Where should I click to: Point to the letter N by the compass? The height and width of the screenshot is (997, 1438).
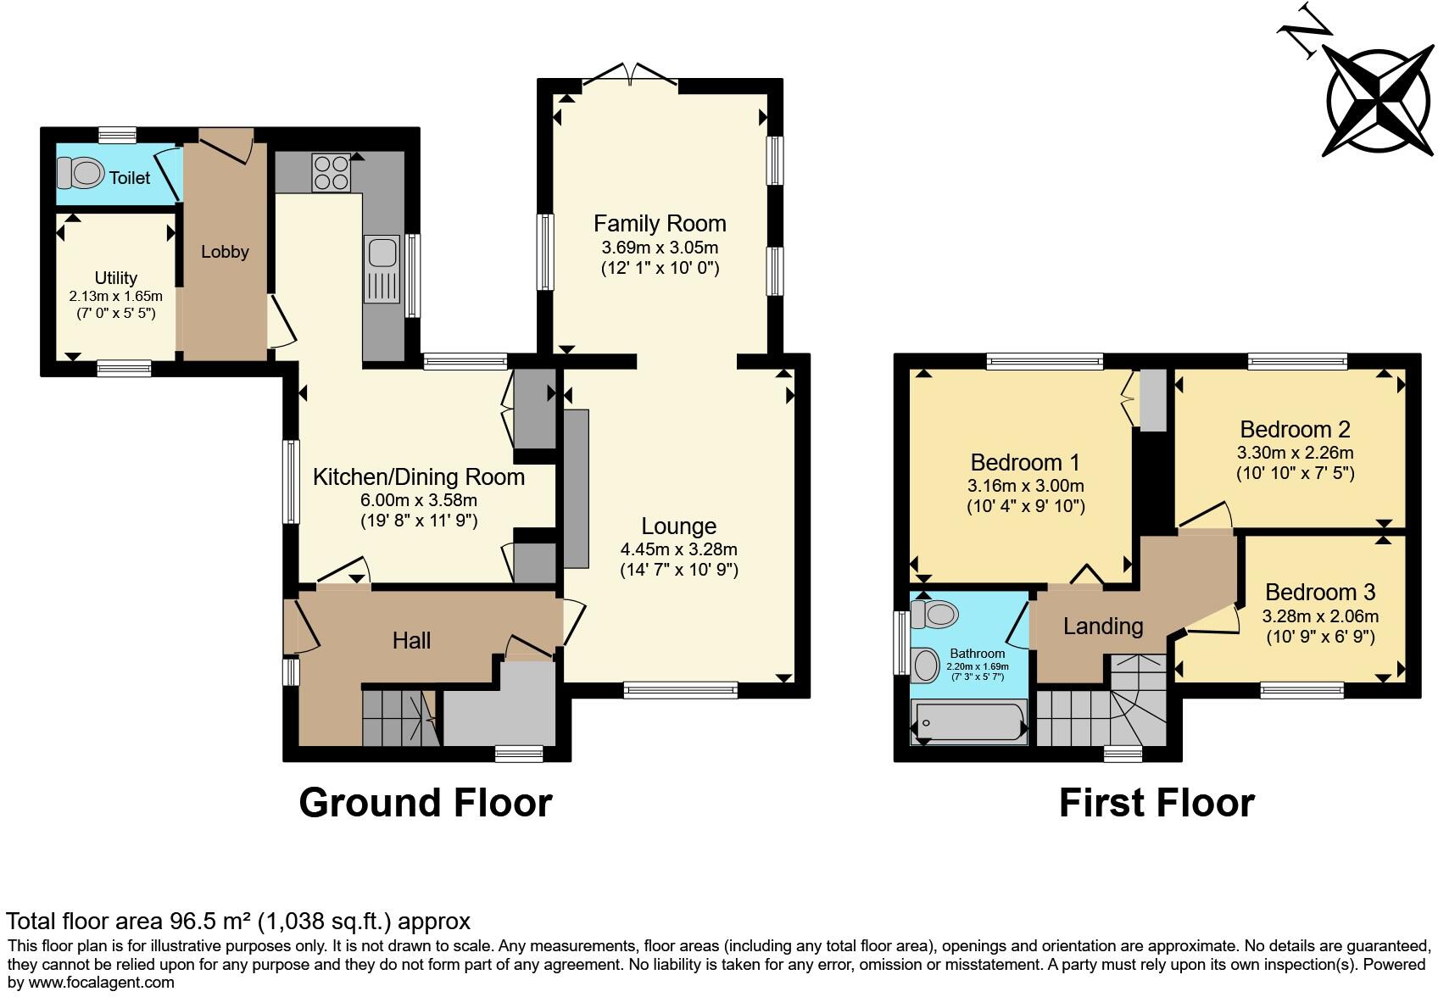(x=1303, y=31)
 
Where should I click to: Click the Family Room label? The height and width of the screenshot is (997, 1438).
(x=660, y=224)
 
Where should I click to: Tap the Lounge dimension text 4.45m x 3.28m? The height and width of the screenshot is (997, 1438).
(x=678, y=549)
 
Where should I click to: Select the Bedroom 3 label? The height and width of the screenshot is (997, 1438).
(x=1319, y=592)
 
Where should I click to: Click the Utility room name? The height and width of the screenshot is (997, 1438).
(x=115, y=278)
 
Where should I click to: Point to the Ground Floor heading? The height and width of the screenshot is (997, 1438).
(x=425, y=803)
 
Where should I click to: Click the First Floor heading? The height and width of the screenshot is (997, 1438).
(x=1157, y=803)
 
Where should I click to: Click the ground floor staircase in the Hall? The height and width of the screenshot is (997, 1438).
(x=399, y=717)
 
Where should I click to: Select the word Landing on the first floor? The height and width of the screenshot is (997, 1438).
(x=1102, y=627)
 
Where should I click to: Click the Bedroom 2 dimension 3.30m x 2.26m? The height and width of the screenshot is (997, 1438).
(x=1295, y=453)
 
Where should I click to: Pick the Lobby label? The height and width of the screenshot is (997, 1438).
(x=225, y=252)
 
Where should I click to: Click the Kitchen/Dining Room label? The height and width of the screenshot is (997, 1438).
(x=419, y=477)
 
